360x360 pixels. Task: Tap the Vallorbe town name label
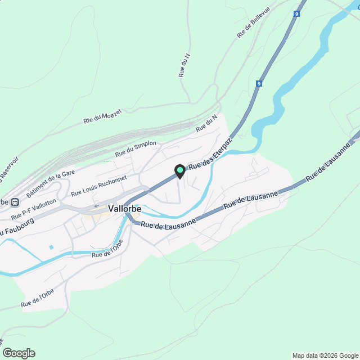tap(124, 209)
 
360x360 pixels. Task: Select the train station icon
tap(15, 202)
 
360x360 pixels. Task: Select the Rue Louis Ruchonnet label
tap(99, 186)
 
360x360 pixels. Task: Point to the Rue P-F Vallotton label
tap(34, 209)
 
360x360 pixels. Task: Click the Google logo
tap(19, 353)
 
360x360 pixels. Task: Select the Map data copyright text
tap(325, 355)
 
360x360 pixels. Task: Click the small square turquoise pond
tap(51, 247)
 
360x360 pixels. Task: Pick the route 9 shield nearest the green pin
tap(259, 83)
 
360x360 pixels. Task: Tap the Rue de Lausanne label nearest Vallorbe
tap(168, 223)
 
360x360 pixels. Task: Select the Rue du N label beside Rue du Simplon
tap(206, 124)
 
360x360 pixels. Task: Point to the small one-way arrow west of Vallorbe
tap(96, 206)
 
